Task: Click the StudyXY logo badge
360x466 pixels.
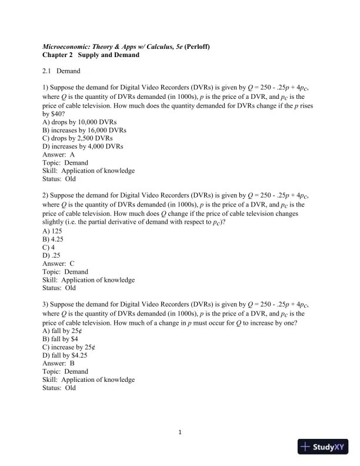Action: coord(324,447)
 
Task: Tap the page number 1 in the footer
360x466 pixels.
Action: coord(181,433)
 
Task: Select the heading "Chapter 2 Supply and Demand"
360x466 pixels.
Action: coord(91,55)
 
